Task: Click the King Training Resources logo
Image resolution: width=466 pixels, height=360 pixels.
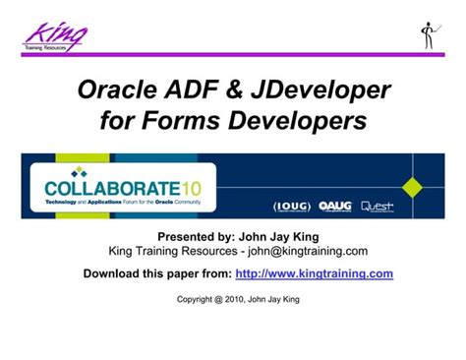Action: point(55,36)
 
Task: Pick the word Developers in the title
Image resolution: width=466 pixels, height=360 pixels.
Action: point(298,123)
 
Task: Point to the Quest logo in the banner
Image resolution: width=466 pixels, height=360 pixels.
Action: point(379,207)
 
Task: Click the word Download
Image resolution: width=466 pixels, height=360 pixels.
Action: point(113,273)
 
